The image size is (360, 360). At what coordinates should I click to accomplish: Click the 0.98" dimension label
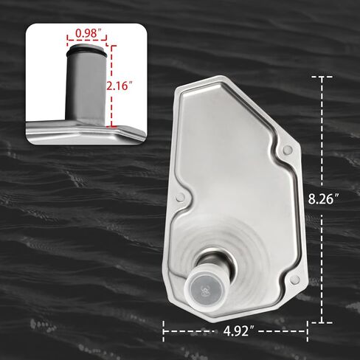(86, 34)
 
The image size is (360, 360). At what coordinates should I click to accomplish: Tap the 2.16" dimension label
(118, 86)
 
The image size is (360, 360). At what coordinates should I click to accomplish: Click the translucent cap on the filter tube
(207, 288)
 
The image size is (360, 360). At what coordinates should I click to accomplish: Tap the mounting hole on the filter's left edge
(180, 197)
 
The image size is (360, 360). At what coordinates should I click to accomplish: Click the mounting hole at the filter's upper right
(288, 150)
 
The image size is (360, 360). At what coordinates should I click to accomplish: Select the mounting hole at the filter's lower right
(294, 280)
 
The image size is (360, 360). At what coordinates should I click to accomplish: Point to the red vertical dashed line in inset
(112, 86)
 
